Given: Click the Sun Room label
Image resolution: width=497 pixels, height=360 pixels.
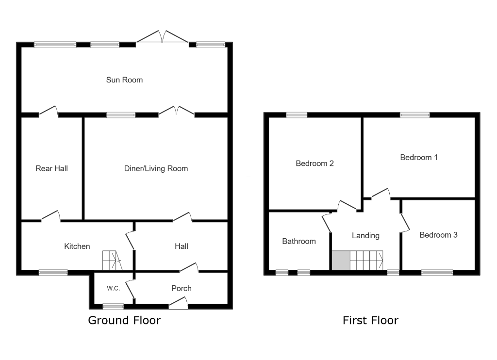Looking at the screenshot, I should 124,80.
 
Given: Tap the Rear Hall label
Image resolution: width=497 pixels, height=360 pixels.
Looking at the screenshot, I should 51,168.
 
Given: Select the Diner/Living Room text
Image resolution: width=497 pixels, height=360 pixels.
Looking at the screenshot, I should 156,168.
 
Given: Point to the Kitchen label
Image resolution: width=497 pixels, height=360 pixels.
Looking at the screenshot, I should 77,246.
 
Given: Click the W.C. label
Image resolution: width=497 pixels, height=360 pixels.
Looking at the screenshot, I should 114,288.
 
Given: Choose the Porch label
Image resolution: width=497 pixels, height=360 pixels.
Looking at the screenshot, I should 181,288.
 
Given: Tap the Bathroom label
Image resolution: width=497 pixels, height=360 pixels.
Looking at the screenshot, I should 299,241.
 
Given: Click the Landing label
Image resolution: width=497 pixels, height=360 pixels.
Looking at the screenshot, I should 365,235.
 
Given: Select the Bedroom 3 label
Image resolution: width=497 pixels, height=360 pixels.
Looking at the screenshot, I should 438,235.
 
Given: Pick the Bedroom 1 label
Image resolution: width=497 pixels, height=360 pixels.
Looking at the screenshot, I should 418,157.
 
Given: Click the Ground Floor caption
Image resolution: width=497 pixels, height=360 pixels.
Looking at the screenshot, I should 124,320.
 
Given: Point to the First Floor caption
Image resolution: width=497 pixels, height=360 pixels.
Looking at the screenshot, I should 370,320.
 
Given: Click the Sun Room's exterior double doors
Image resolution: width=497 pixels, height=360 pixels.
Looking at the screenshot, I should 163,38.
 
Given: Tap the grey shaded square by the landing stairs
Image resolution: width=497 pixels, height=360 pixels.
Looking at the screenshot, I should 341,261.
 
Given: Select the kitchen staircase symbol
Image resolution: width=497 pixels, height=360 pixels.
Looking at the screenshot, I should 112,261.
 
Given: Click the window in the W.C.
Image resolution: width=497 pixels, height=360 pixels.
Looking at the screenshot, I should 113,306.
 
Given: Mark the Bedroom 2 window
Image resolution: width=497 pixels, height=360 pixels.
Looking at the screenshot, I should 297,115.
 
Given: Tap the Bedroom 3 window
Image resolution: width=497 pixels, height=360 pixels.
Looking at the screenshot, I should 437,273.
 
